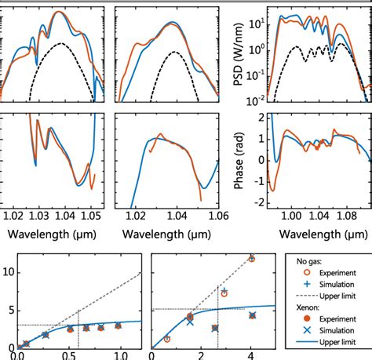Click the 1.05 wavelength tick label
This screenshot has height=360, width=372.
coord(91,214)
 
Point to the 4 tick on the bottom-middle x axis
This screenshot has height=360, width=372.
coord(251,355)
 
